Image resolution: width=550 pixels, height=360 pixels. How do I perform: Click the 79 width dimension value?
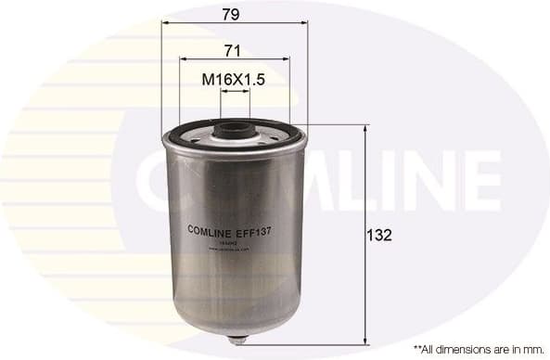pyautogui.click(x=232, y=16)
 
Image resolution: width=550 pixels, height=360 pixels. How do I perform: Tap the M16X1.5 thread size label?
pyautogui.click(x=234, y=82)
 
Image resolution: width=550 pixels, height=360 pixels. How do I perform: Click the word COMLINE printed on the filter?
pyautogui.click(x=211, y=228)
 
